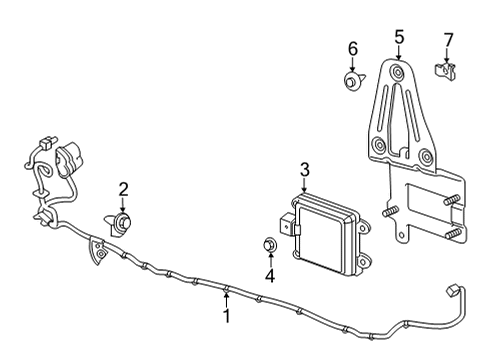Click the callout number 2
[124, 188]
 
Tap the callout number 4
[269, 275]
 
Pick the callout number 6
[352, 48]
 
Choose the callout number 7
[448, 40]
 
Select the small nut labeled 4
[269, 245]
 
